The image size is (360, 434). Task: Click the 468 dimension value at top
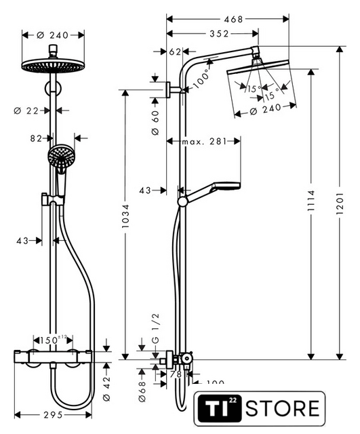click(233, 19)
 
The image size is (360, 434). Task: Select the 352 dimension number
click(219, 34)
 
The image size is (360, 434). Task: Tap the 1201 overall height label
click(340, 203)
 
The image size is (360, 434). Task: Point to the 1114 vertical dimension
click(311, 201)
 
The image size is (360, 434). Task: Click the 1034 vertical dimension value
click(125, 216)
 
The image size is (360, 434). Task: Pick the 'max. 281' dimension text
click(204, 142)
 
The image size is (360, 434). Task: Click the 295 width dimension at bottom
click(53, 415)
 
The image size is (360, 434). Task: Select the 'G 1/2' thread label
click(156, 328)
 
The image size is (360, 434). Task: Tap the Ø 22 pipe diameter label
click(26, 111)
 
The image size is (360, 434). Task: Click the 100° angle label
click(202, 79)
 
